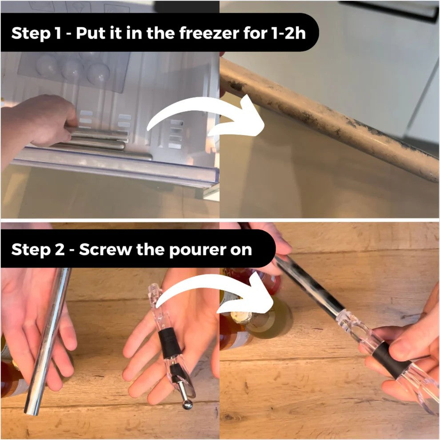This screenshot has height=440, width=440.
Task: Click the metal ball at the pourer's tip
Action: [187, 404]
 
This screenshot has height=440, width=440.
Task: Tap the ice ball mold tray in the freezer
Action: [76, 71]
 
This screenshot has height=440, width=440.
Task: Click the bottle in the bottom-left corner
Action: [11, 378]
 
